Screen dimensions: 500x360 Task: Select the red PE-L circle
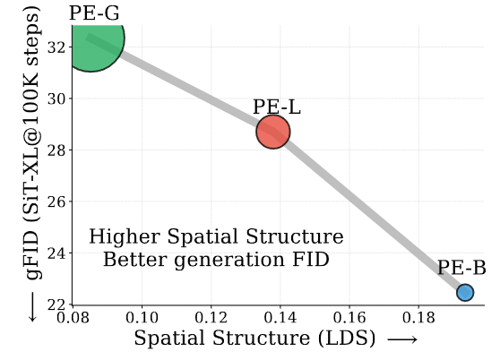pos(273,132)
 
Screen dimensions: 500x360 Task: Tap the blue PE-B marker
pos(465,293)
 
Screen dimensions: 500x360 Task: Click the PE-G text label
pos(94,13)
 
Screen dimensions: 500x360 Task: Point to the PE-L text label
pos(277,107)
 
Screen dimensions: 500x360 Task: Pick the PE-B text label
pos(461,268)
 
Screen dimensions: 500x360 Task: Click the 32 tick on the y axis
pos(56,47)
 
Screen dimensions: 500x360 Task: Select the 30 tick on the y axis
pos(56,99)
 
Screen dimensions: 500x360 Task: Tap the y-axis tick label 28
pos(56,150)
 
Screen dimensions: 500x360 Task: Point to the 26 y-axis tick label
pos(56,201)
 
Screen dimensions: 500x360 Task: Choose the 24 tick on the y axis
pos(56,253)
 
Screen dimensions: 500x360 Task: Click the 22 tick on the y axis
pos(56,304)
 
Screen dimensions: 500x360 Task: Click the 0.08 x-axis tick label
pos(73,318)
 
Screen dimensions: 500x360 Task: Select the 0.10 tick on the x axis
pos(142,318)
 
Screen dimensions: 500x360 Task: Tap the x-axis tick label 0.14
pos(280,318)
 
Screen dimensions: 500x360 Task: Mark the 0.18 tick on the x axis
pos(418,318)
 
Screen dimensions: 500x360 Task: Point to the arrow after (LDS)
pos(402,339)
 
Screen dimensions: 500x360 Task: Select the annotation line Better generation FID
pos(216,261)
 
